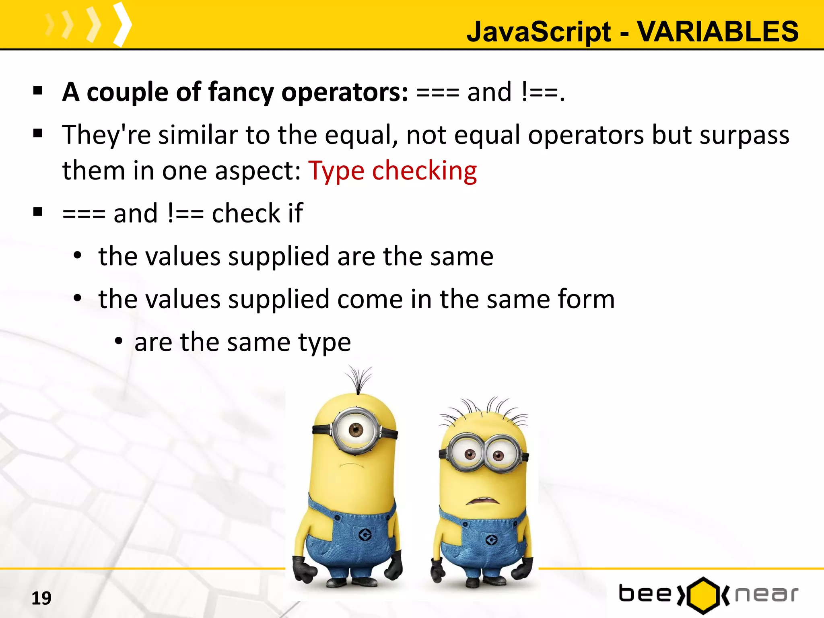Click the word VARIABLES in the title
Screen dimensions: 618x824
click(718, 31)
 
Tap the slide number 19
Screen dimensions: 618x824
click(41, 598)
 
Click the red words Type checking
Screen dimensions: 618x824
click(392, 171)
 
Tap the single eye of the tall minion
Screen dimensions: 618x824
click(356, 430)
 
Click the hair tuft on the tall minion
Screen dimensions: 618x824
click(359, 378)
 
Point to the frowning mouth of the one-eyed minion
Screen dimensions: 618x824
click(351, 466)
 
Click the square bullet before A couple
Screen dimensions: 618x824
click(38, 91)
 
